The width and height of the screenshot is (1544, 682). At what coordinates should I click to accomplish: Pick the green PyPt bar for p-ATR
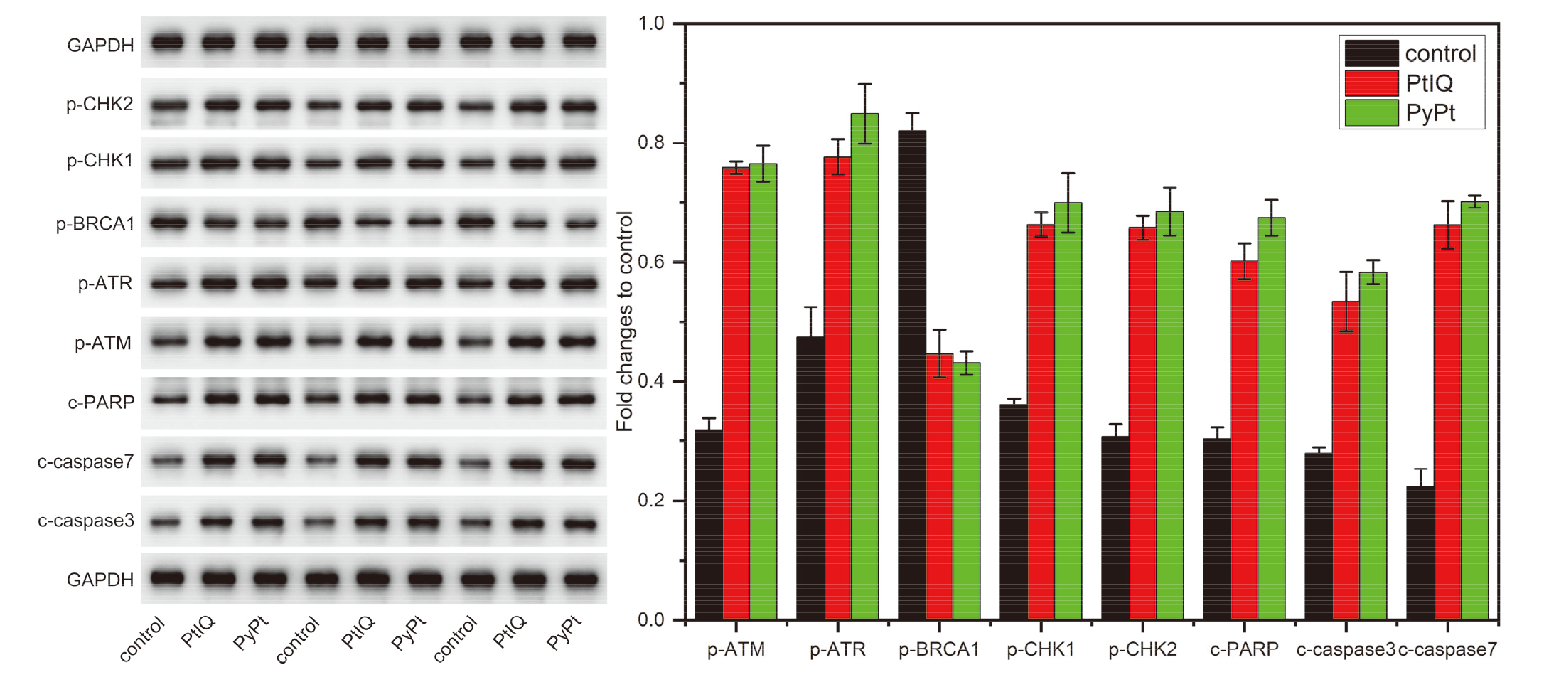(864, 366)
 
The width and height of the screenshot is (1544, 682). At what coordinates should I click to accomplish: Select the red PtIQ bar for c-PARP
(1244, 440)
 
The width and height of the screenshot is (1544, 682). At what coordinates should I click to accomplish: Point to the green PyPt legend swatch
(1372, 112)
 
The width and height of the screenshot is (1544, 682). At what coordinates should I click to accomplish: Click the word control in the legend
(1440, 53)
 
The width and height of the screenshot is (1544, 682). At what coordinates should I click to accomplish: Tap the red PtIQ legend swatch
(1372, 83)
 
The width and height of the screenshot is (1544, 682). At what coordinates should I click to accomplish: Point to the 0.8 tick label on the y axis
(651, 143)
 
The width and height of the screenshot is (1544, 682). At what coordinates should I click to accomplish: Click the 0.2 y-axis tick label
(651, 501)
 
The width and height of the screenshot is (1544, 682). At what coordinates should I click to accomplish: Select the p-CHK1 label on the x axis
(1041, 649)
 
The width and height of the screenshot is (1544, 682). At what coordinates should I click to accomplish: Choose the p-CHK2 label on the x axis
(1142, 649)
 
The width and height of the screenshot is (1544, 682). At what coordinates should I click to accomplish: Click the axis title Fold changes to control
(625, 321)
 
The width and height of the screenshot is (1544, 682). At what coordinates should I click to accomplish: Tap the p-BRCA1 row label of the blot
(95, 223)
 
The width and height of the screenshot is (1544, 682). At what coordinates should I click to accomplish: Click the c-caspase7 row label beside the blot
(85, 462)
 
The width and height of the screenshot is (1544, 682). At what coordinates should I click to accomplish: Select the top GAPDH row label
(100, 46)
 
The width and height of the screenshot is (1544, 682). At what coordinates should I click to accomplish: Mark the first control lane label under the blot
(142, 640)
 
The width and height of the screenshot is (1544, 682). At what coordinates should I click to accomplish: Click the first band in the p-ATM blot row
(168, 341)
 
